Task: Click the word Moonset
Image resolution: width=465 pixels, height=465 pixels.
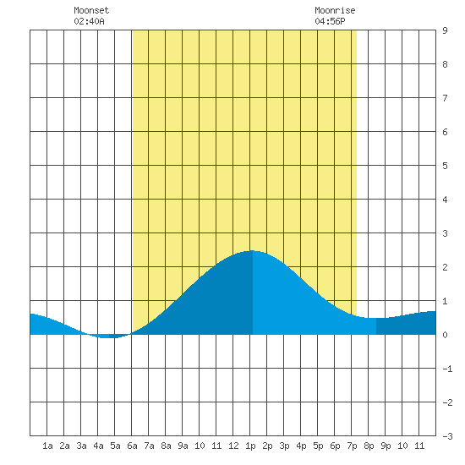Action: tap(91, 10)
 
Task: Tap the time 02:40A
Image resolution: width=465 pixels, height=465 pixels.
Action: tap(89, 21)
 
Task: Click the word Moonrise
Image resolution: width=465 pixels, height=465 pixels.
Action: tap(335, 10)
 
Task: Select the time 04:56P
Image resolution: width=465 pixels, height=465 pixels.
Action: tap(330, 21)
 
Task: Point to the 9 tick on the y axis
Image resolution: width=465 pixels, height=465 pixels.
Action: tap(445, 30)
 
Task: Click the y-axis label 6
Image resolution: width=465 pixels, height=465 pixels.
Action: tap(445, 132)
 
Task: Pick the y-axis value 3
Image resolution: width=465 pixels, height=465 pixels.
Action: tap(445, 233)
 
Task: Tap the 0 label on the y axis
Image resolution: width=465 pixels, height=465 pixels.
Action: tap(445, 335)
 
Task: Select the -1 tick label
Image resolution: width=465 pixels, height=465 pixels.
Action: tap(447, 369)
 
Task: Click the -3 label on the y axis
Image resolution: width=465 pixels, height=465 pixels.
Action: tap(447, 436)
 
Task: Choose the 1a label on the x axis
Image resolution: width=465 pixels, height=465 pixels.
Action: tap(47, 446)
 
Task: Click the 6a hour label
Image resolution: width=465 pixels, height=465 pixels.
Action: tap(132, 446)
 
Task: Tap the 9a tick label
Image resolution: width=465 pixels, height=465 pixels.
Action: tap(183, 446)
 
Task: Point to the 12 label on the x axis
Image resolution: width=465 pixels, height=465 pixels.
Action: tap(233, 446)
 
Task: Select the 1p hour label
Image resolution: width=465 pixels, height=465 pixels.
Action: tap(250, 446)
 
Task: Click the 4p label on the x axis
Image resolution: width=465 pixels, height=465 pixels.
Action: tap(301, 446)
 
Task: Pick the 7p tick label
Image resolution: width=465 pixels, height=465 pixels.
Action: tap(352, 446)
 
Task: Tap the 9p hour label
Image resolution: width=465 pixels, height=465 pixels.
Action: tap(386, 446)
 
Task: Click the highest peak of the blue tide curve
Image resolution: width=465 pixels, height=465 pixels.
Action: tap(252, 251)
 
